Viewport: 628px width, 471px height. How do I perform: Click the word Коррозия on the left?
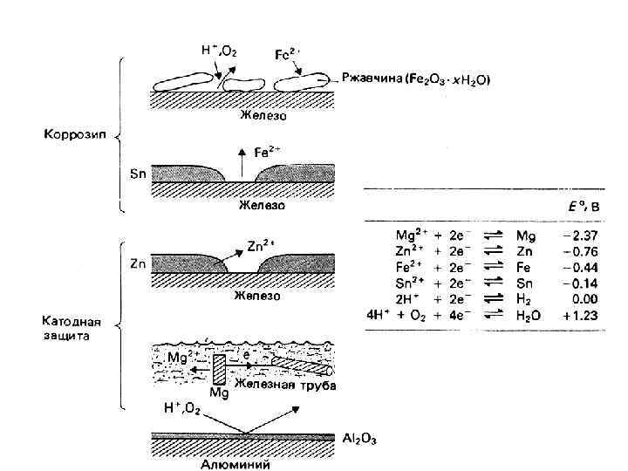(x=71, y=135)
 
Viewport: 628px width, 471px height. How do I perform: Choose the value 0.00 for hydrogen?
(x=582, y=299)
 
